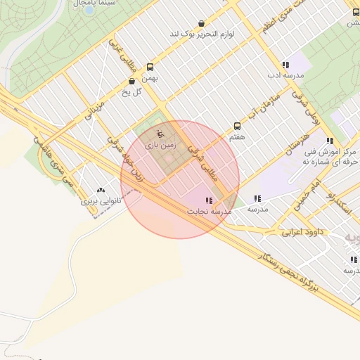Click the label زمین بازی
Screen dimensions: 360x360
(160, 146)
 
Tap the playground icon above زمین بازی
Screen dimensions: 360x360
(160, 134)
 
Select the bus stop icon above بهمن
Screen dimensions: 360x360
(150, 67)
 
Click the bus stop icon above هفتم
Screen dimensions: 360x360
(237, 126)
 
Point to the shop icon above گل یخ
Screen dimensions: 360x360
(132, 81)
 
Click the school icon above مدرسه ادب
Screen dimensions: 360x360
(285, 64)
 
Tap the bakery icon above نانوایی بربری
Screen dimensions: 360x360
(101, 190)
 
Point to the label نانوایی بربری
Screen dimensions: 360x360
(101, 201)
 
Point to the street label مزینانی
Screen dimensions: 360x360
(94, 112)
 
